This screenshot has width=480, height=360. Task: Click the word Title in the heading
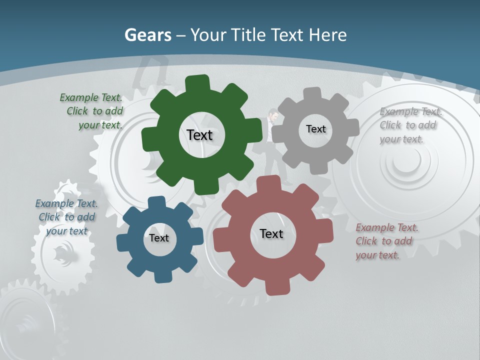point(248,35)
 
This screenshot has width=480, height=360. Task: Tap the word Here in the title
point(327,35)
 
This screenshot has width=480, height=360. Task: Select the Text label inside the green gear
point(199,135)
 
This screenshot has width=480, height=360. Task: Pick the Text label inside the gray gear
point(315,129)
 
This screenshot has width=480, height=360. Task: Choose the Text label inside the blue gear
point(159,238)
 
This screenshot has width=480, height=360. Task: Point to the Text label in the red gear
point(271,233)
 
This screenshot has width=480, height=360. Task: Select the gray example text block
point(408,125)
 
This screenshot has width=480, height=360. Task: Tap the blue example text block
point(66,217)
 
